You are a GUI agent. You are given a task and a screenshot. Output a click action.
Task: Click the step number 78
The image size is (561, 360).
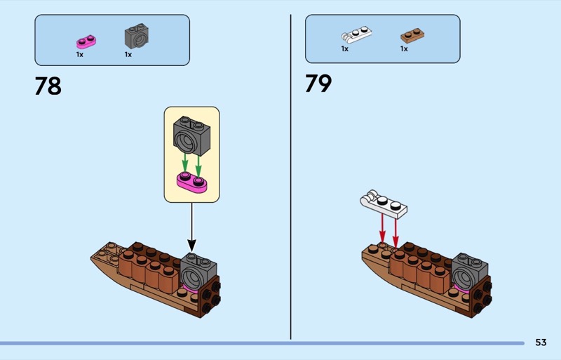pos(48,86)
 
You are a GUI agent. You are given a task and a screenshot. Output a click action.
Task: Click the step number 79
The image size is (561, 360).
pos(318,84)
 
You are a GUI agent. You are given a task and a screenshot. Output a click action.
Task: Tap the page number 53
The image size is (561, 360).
pos(540,342)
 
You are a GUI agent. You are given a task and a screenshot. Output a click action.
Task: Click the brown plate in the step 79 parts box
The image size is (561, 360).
pos(412,35)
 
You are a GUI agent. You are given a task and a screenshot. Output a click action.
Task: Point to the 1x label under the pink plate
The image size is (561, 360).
pos(79,54)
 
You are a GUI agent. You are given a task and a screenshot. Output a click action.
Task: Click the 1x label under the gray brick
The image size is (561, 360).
pos(128,54)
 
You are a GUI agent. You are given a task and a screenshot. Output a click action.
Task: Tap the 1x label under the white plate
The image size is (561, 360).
pos(345,49)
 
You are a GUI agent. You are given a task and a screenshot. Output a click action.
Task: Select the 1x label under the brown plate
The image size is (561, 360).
pos(404,49)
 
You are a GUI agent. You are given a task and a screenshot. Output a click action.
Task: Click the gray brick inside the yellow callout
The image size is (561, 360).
pos(191,137)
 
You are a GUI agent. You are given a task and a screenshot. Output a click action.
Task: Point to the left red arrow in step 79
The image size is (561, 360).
pos(382,229)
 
